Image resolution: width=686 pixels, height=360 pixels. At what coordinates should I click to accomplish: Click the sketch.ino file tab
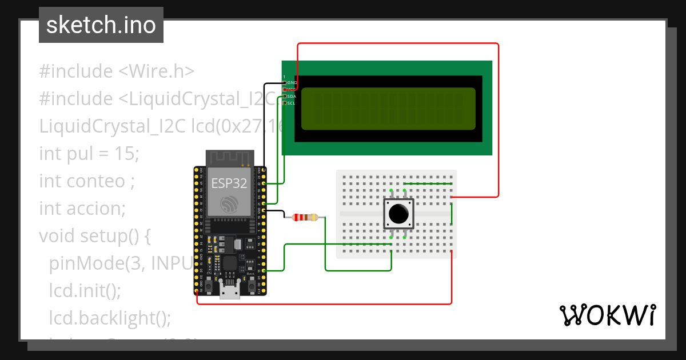[101, 25]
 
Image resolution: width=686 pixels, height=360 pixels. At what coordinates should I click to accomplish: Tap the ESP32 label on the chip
[229, 183]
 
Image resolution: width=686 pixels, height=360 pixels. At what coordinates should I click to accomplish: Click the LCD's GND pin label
[292, 83]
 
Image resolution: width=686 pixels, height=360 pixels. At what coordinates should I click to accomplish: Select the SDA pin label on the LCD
[292, 97]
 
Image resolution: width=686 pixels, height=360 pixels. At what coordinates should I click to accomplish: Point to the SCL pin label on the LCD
[292, 103]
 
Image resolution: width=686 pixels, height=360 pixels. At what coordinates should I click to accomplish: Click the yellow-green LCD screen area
[388, 109]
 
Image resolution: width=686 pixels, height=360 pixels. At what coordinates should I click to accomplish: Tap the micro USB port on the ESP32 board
[230, 293]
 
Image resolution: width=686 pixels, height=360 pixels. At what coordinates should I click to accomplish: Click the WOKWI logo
[607, 315]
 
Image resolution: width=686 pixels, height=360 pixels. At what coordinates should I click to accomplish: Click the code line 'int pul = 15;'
[89, 153]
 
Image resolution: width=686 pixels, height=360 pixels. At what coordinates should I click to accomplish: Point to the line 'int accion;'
[82, 208]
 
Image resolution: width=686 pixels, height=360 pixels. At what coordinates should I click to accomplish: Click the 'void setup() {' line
[94, 235]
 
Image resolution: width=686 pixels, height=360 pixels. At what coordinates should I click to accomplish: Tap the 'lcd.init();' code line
[85, 290]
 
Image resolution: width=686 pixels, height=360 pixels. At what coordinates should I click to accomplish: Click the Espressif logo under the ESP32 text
[229, 204]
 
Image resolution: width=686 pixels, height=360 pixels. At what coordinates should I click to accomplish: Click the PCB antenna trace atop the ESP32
[229, 158]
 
